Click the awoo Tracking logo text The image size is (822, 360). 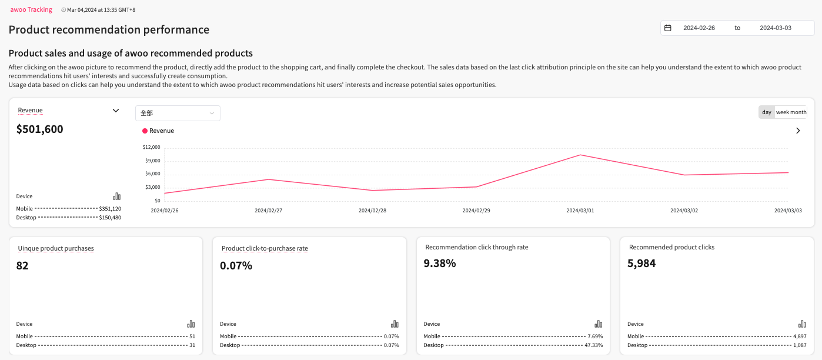(x=31, y=9)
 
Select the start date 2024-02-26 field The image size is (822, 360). (x=699, y=28)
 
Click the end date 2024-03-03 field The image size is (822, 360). (x=775, y=28)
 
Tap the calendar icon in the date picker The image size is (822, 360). (x=668, y=28)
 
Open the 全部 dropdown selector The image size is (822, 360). (x=178, y=113)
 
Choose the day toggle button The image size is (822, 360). (x=766, y=112)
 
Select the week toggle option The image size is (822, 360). (x=782, y=112)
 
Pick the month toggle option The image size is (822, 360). (x=798, y=112)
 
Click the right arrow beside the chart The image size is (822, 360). (x=798, y=131)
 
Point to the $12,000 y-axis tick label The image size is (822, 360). (x=152, y=147)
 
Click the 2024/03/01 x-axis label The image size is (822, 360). (x=580, y=210)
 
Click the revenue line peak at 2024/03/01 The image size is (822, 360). (x=580, y=155)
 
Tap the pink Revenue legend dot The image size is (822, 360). (x=145, y=131)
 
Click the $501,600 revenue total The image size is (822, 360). (x=40, y=129)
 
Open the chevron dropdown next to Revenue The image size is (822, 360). (x=116, y=111)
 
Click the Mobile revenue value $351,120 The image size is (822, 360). (x=110, y=209)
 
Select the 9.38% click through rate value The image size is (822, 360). (x=440, y=264)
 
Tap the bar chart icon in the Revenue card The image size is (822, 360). (x=116, y=196)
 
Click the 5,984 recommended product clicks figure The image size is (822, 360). (x=641, y=264)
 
